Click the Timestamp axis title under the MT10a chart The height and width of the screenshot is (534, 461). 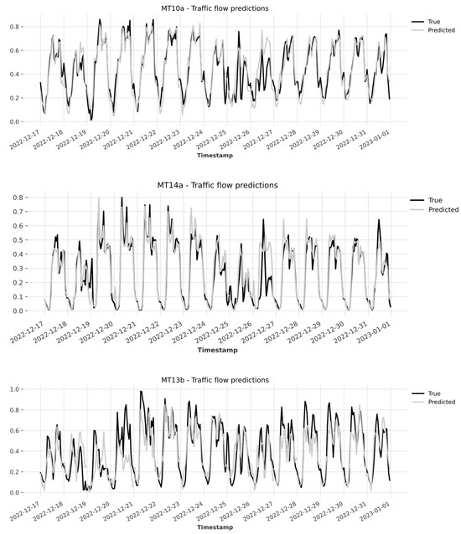[216, 156]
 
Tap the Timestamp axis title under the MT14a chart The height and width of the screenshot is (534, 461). [216, 350]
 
